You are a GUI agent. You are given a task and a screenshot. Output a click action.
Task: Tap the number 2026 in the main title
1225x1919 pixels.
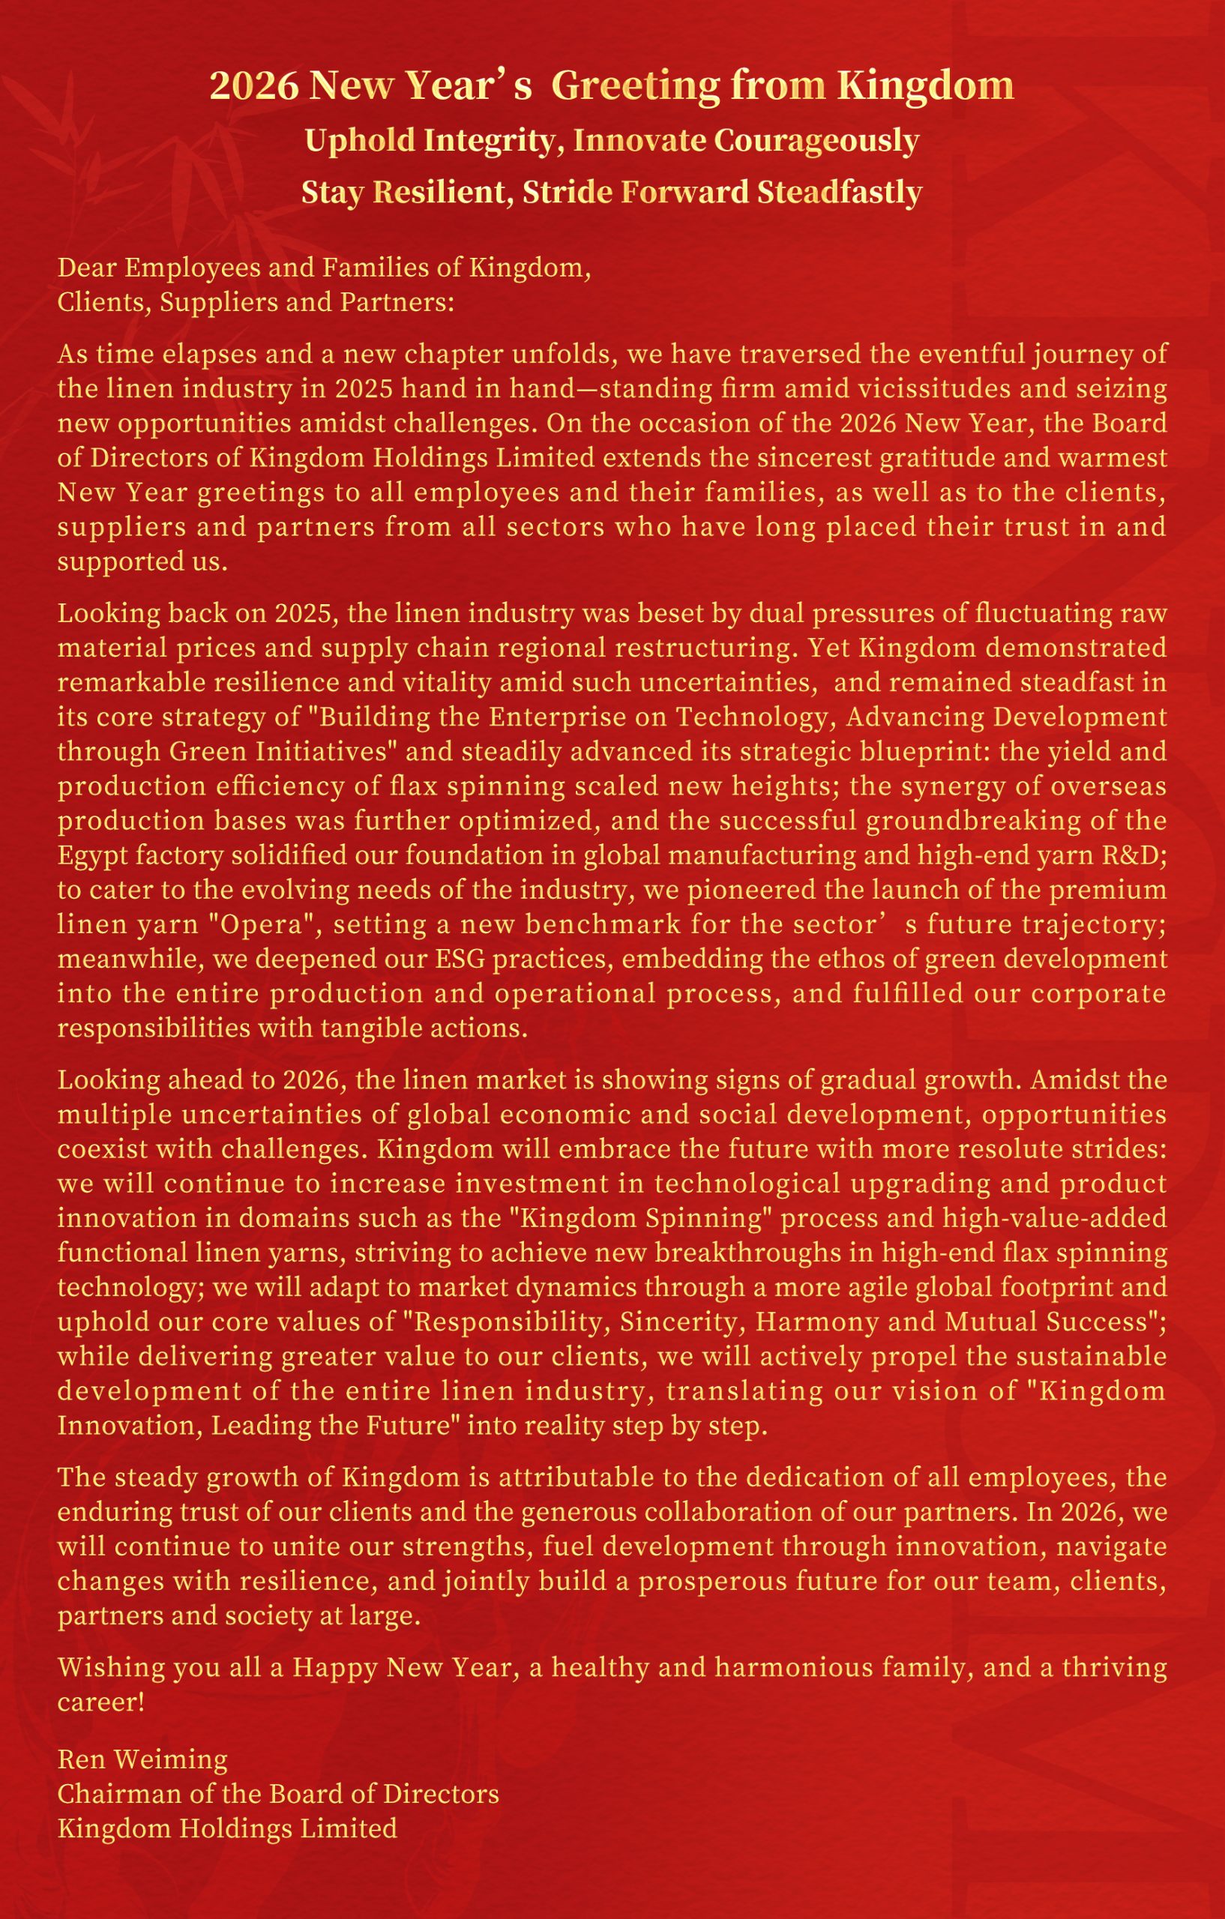(254, 86)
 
